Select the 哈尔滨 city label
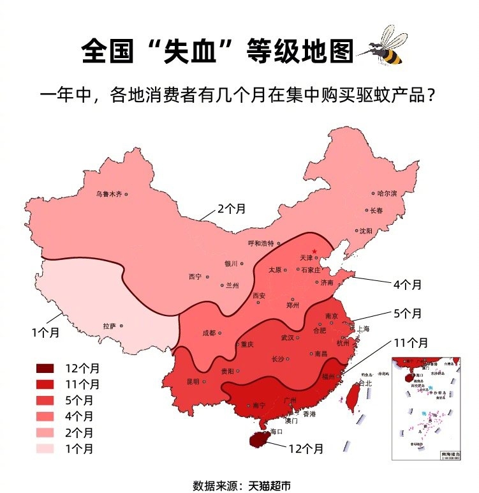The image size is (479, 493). [387, 193]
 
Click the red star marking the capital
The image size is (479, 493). [314, 251]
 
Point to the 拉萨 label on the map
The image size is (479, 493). [109, 326]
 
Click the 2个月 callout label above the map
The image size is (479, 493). [232, 209]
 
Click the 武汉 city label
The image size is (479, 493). [288, 337]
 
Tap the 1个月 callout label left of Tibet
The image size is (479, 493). [45, 332]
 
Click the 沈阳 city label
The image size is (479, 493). [365, 231]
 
